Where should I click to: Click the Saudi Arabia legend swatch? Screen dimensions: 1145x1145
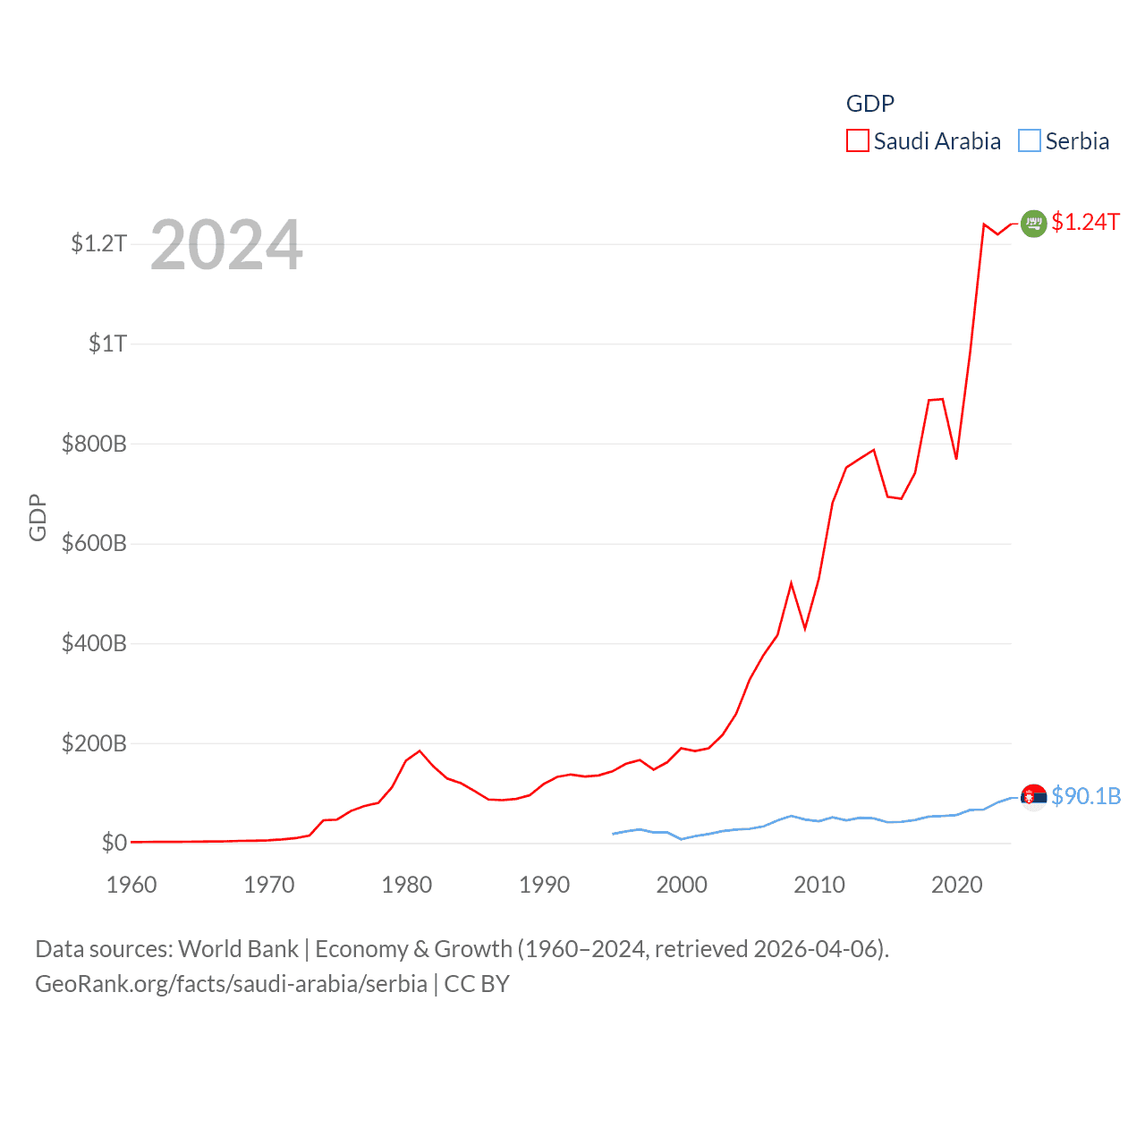click(857, 141)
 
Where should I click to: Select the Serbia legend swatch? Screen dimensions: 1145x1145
click(1030, 141)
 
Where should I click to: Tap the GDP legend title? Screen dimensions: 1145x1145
click(869, 104)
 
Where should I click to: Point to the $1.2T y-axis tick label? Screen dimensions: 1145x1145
click(98, 243)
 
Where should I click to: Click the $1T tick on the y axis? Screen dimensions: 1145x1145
click(107, 343)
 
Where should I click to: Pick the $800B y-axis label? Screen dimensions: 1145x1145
click(94, 444)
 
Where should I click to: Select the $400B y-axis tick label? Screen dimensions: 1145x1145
click(94, 643)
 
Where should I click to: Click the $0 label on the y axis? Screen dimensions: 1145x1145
click(114, 843)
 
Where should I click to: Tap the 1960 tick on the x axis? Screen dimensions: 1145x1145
click(131, 885)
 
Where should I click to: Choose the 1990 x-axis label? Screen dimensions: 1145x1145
click(544, 885)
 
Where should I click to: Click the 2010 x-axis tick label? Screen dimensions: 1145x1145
click(819, 885)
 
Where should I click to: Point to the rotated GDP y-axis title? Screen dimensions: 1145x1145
click(38, 517)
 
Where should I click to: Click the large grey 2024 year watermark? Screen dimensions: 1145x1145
click(226, 245)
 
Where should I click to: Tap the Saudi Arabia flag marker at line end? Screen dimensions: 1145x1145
click(1033, 223)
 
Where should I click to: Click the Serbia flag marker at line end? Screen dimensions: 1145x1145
click(1033, 797)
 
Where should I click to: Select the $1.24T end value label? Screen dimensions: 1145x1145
click(1085, 222)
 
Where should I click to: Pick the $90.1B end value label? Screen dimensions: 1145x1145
click(1086, 796)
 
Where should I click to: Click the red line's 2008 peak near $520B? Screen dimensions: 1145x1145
click(791, 584)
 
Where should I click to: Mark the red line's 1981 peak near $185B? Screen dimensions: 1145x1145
click(420, 751)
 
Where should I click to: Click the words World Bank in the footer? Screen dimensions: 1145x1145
click(238, 948)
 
